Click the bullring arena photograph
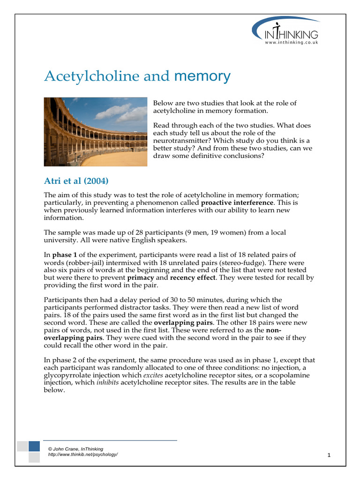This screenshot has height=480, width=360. click(x=95, y=132)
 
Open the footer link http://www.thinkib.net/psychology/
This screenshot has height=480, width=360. click(x=83, y=455)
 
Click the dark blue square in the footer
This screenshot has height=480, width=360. click(x=34, y=446)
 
